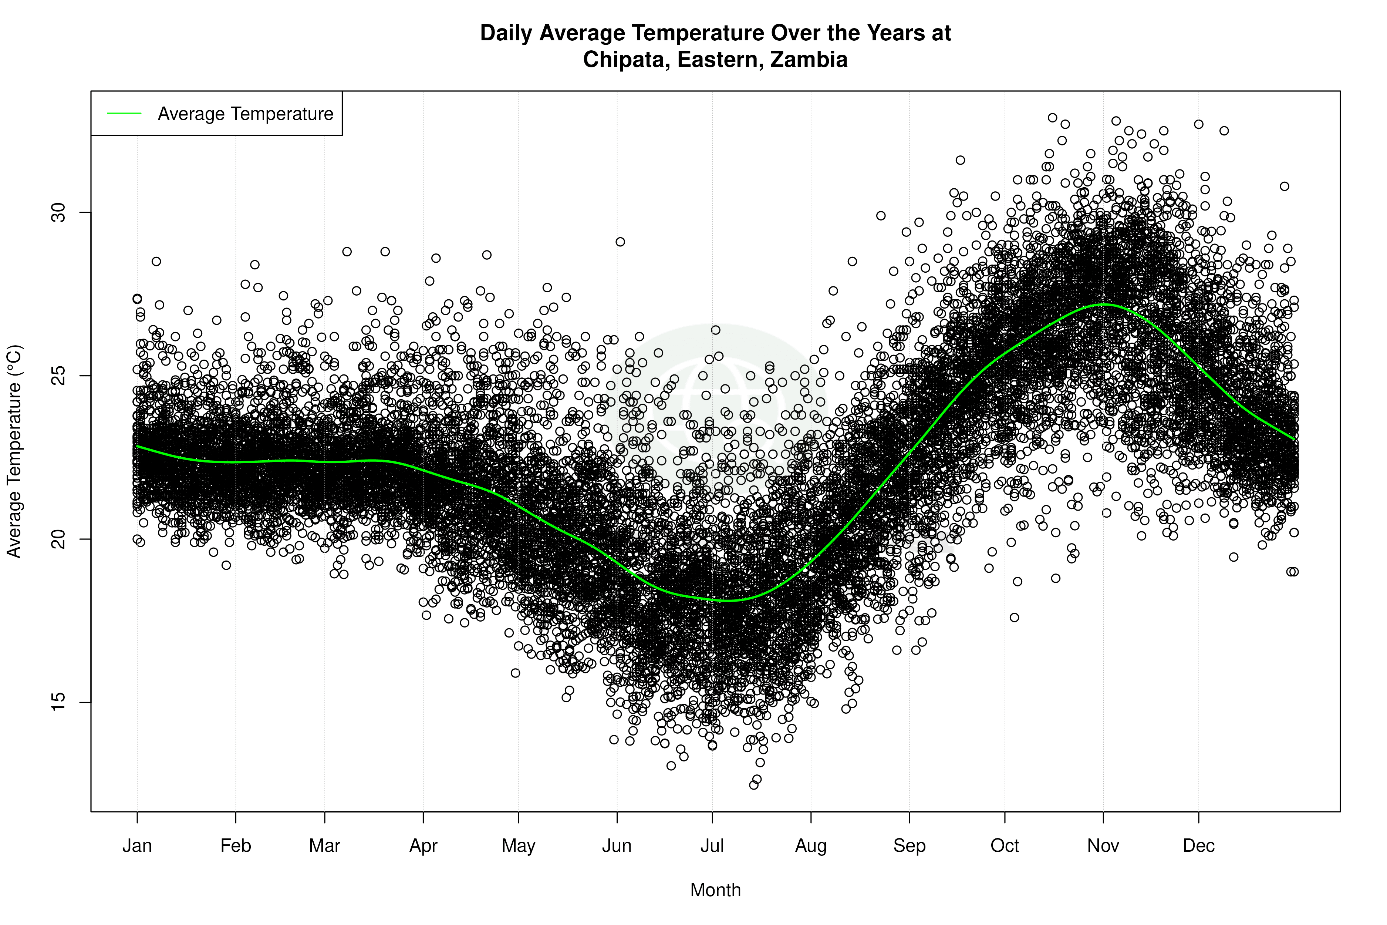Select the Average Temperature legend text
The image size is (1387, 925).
click(245, 114)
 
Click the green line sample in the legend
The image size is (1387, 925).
click(124, 113)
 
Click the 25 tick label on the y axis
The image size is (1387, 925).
click(59, 376)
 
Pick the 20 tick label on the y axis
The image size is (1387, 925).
click(59, 539)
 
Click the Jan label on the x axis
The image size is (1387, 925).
click(137, 846)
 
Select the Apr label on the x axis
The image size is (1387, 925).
click(423, 846)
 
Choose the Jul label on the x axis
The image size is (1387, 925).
click(712, 846)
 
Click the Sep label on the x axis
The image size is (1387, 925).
click(910, 846)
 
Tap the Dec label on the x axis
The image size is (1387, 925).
click(1199, 846)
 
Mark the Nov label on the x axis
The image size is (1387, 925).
click(1103, 846)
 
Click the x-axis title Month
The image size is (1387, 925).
click(715, 890)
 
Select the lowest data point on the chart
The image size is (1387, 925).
click(754, 785)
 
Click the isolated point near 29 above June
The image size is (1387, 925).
click(620, 242)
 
